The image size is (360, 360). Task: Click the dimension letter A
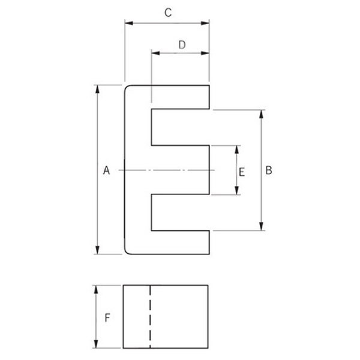tap(106, 170)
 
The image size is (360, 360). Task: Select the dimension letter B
tap(269, 170)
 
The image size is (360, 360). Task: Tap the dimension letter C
tap(168, 13)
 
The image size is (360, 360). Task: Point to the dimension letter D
tap(182, 45)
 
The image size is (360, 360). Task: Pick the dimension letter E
tap(242, 172)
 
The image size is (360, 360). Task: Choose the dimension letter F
tap(107, 318)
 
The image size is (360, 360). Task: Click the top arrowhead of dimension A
tap(97, 89)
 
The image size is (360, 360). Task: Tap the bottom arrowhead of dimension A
tap(97, 250)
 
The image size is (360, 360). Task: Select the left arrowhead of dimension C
tap(129, 23)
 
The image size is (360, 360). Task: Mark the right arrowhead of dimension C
tap(205, 23)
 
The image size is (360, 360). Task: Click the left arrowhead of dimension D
tap(155, 53)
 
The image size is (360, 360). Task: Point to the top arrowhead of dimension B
tap(261, 114)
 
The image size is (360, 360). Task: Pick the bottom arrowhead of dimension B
tap(261, 226)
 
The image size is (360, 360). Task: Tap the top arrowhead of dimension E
tap(237, 149)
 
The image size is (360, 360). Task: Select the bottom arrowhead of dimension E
tap(237, 191)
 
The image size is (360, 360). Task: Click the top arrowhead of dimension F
tap(96, 290)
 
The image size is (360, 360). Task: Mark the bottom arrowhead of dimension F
tap(96, 344)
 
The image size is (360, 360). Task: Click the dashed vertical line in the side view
tap(150, 317)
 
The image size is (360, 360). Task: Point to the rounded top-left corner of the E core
tap(127, 87)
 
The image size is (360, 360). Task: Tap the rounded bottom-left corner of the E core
tap(127, 253)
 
